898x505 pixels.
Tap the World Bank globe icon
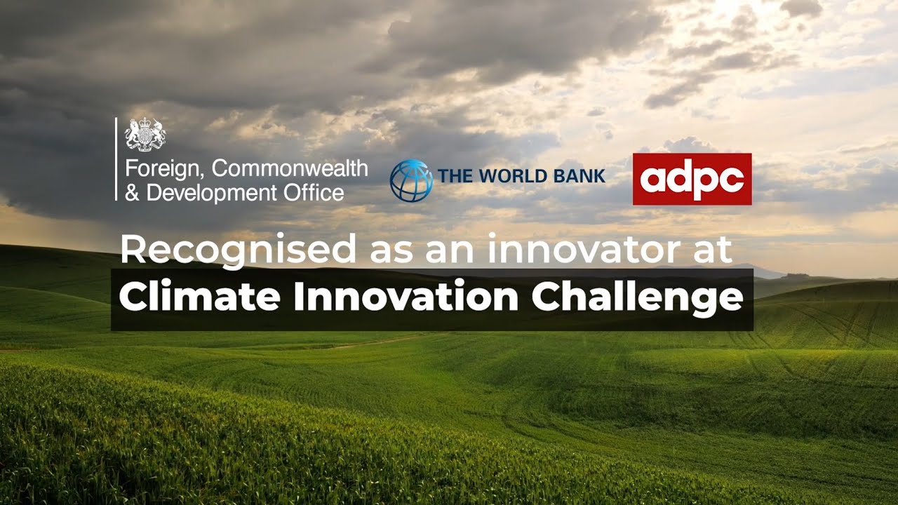[411, 180]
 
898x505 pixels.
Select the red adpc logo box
[692, 179]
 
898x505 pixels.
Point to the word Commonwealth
[290, 169]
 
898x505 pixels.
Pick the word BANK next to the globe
[579, 176]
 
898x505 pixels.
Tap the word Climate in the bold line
[200, 297]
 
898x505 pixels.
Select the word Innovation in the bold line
[405, 297]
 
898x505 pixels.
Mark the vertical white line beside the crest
[116, 159]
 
